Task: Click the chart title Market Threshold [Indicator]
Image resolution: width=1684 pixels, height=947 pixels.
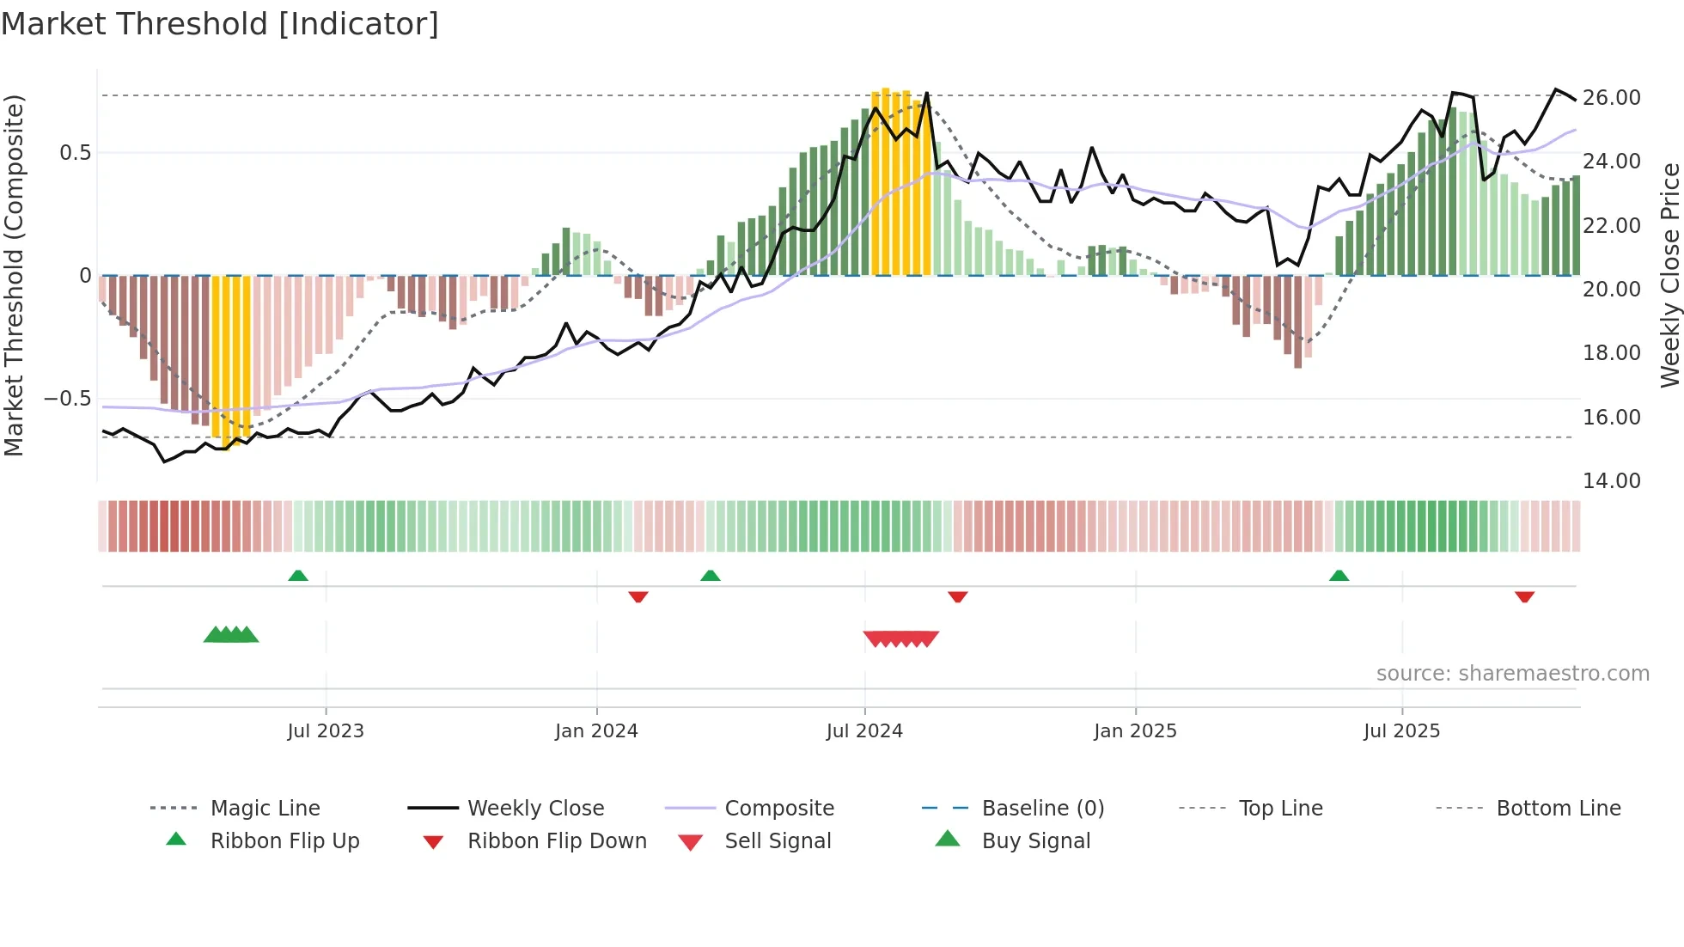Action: [220, 24]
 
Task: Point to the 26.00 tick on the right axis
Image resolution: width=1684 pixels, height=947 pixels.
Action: [1611, 98]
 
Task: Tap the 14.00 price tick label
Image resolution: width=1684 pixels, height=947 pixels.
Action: [1611, 481]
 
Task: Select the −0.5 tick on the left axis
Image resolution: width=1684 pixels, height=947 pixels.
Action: [67, 399]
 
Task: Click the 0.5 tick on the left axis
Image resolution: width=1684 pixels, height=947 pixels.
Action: [75, 153]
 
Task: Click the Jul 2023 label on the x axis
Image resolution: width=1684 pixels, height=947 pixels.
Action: [326, 731]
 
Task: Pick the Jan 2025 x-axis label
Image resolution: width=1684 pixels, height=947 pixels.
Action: [1135, 731]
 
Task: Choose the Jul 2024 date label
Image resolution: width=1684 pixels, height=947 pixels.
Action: [864, 731]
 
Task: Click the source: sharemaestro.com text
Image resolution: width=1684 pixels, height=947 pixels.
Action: [1512, 674]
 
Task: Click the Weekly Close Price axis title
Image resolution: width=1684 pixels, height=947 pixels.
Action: [1669, 275]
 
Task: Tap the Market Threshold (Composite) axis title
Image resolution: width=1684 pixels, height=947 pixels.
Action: [14, 275]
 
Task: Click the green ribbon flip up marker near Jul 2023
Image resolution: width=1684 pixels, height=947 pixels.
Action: [298, 576]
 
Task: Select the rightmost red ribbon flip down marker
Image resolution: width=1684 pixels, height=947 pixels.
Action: [1524, 596]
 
